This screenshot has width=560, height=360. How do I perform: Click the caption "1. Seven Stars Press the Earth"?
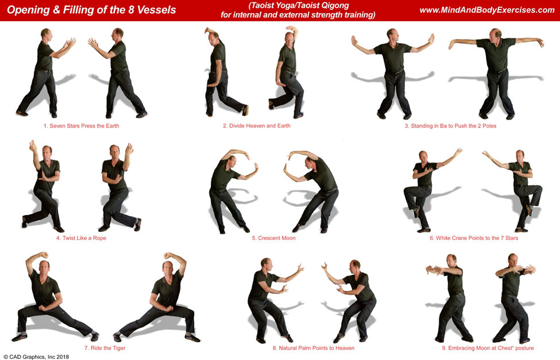pyautogui.click(x=82, y=126)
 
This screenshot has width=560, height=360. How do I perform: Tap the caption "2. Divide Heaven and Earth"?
pyautogui.click(x=257, y=126)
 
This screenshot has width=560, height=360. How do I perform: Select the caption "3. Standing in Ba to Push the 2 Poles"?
pyautogui.click(x=450, y=126)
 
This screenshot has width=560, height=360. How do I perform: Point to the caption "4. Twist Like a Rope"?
pyautogui.click(x=81, y=238)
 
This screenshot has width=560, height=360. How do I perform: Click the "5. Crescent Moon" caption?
pyautogui.click(x=273, y=238)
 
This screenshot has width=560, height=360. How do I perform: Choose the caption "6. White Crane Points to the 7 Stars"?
pyautogui.click(x=474, y=238)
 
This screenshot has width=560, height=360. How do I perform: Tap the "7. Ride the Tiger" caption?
pyautogui.click(x=105, y=348)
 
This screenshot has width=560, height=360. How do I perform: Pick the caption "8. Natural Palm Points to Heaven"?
pyautogui.click(x=314, y=348)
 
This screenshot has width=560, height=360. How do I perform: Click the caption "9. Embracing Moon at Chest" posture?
pyautogui.click(x=488, y=348)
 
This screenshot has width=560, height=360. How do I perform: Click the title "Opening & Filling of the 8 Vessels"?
pyautogui.click(x=91, y=10)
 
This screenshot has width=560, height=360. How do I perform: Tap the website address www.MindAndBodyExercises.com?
pyautogui.click(x=487, y=10)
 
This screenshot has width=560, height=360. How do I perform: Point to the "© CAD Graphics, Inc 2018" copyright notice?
pyautogui.click(x=36, y=357)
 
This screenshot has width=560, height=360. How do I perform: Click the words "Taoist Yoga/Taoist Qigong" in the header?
pyautogui.click(x=299, y=5)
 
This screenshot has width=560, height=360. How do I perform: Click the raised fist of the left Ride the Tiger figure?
pyautogui.click(x=44, y=255)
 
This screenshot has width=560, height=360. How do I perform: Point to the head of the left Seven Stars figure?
pyautogui.click(x=47, y=34)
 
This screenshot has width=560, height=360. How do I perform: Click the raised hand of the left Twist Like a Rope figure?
pyautogui.click(x=33, y=145)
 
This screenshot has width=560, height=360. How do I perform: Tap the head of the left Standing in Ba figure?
pyautogui.click(x=392, y=35)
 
